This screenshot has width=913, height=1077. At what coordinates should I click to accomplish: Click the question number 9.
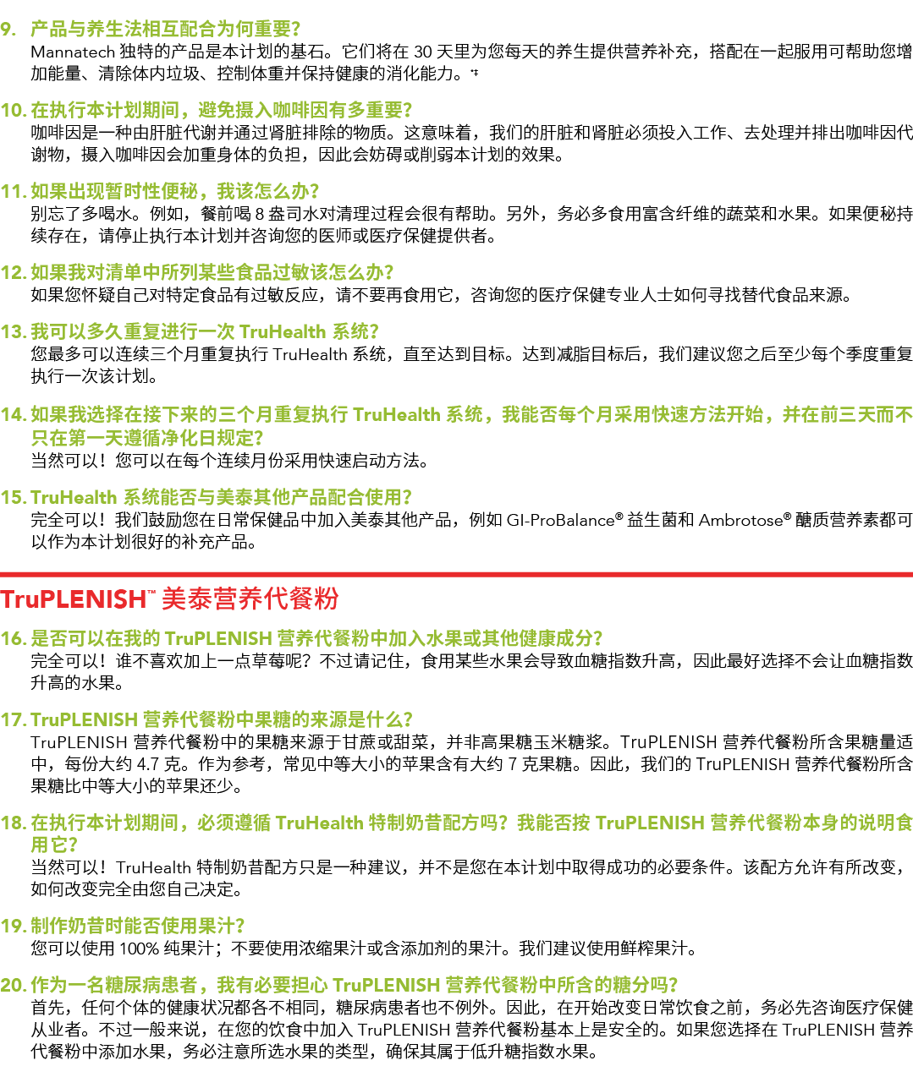coord(8,30)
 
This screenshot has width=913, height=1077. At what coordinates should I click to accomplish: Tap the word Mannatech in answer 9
coord(73,52)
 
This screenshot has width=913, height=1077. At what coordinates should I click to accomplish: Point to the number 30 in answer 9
coord(423,52)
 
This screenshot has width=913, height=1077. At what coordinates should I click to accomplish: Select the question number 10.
coord(14,111)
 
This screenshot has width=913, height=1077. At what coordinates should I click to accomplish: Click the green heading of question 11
coord(174,191)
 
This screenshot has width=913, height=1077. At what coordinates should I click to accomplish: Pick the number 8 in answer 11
coord(260,214)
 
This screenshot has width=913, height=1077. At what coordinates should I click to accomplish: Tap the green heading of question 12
coord(212,272)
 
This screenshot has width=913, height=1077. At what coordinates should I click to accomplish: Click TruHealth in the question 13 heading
coord(283,332)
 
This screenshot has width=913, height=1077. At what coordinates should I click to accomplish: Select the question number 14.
coord(14,415)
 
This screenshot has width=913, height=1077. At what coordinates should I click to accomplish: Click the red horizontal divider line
coord(456,575)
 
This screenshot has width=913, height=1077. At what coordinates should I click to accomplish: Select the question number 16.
coord(14,639)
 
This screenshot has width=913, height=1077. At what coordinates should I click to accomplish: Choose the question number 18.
coord(14,823)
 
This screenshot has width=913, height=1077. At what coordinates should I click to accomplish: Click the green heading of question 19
coord(138,926)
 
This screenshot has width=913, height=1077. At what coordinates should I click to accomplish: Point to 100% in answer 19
coord(140,949)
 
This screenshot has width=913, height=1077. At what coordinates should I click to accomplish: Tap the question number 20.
coord(14,986)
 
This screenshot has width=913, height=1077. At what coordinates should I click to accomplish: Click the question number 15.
coord(14,498)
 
